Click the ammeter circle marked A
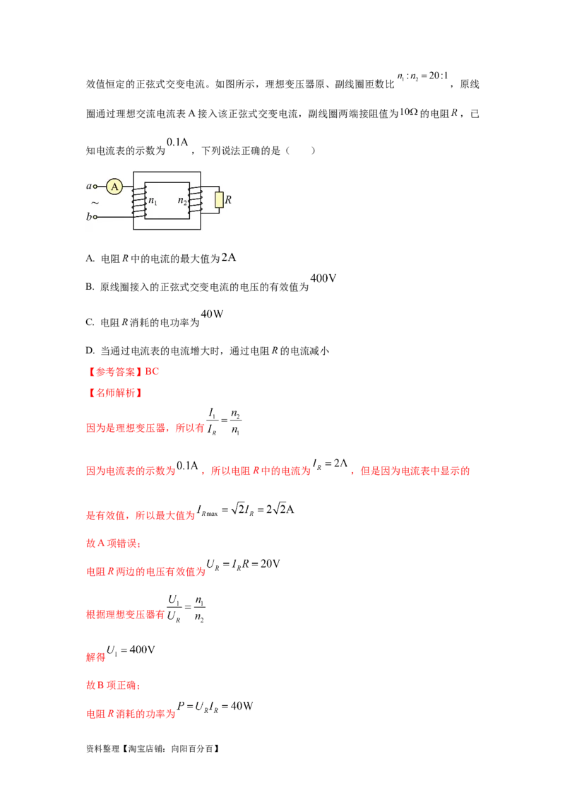point(114,187)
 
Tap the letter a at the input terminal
point(89,187)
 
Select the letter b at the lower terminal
point(89,217)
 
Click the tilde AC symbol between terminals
point(95,202)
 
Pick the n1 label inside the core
point(153,201)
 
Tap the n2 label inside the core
point(182,201)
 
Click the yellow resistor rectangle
point(219,200)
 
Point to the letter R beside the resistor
point(228,200)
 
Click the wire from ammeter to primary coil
point(128,187)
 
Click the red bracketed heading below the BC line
point(114,394)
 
